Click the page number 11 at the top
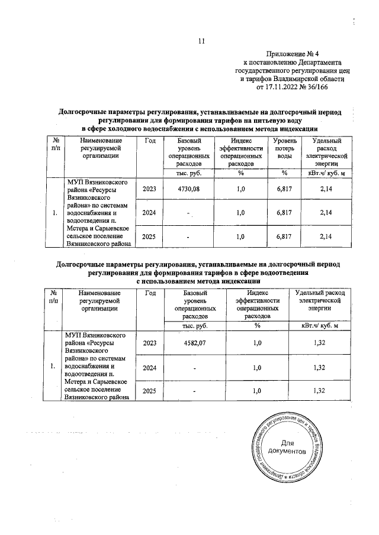point(201,41)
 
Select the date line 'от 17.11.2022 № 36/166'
point(291,86)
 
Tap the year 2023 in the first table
point(150,188)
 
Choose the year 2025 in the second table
point(150,391)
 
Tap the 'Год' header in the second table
point(150,293)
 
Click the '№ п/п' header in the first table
point(54,144)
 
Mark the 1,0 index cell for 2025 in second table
point(257,391)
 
